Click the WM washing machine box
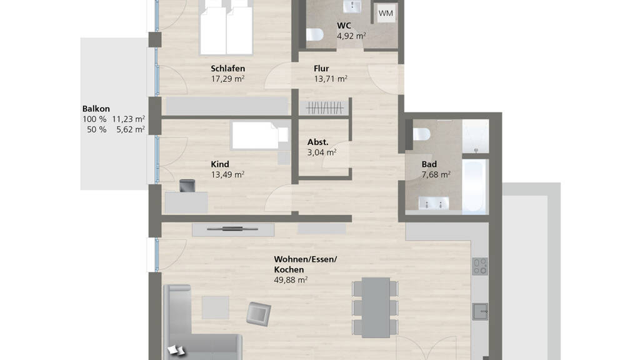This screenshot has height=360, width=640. pyautogui.click(x=385, y=14)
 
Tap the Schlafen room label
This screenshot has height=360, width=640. pyautogui.click(x=227, y=68)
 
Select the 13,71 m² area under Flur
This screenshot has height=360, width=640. pyautogui.click(x=331, y=79)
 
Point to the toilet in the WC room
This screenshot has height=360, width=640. pyautogui.click(x=315, y=34)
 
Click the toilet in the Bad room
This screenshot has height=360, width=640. pyautogui.click(x=422, y=134)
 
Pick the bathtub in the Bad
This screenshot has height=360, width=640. pyautogui.click(x=475, y=186)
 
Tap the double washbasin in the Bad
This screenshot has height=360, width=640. pyautogui.click(x=434, y=203)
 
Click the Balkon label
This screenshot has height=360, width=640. pyautogui.click(x=96, y=109)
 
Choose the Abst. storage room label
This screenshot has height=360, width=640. pyautogui.click(x=318, y=142)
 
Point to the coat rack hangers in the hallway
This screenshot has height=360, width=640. pyautogui.click(x=324, y=107)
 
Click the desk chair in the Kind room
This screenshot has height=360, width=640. pyautogui.click(x=187, y=185)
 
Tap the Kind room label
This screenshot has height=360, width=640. pyautogui.click(x=219, y=164)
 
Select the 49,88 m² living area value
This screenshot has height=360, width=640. pyautogui.click(x=291, y=280)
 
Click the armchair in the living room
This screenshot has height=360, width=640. pyautogui.click(x=258, y=314)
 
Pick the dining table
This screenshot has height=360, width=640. pyautogui.click(x=376, y=307)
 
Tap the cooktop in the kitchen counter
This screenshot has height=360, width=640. pyautogui.click(x=480, y=266)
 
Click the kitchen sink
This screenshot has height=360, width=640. pyautogui.click(x=480, y=312)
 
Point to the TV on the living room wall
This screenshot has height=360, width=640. pyautogui.click(x=232, y=229)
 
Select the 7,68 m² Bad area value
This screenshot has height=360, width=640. pyautogui.click(x=436, y=175)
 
